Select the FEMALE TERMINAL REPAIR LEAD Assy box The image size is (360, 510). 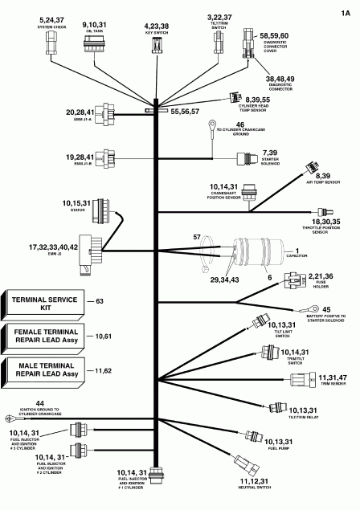(42, 336)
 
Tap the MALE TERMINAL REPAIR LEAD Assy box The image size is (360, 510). (42, 370)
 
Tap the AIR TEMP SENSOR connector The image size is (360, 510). (309, 169)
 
